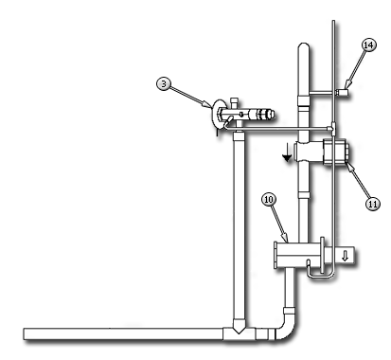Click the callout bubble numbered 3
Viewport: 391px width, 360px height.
164,84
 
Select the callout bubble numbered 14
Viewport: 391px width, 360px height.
368,45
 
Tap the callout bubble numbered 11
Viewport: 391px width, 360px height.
373,204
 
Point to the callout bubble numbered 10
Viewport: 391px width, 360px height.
269,200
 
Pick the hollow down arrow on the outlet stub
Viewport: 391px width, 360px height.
345,256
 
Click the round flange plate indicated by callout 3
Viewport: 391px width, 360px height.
217,115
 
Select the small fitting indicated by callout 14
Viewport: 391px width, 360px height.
342,93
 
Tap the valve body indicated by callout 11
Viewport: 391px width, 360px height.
336,153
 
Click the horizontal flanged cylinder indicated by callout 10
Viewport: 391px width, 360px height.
299,255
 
